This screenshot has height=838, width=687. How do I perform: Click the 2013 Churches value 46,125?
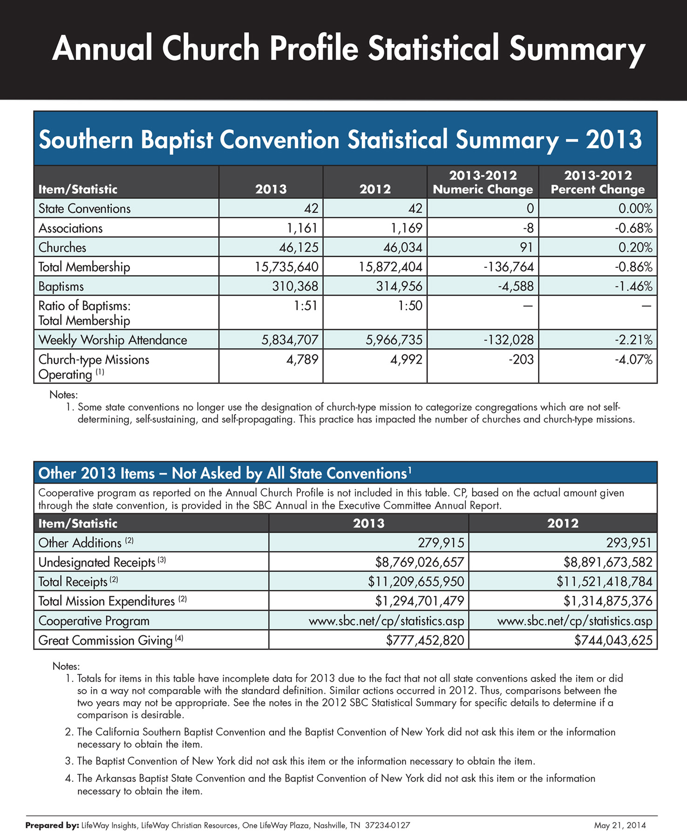click(x=299, y=247)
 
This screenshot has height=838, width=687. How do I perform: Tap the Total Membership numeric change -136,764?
click(x=509, y=267)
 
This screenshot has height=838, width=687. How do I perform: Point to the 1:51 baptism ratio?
click(x=306, y=305)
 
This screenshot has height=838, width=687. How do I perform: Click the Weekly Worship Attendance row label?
click(x=113, y=340)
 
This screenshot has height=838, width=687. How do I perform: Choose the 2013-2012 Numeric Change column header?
click(x=483, y=182)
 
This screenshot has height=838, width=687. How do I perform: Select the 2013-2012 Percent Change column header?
click(x=598, y=182)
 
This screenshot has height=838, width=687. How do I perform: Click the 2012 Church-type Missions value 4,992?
click(x=406, y=359)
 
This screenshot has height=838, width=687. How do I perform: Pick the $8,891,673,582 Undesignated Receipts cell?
click(x=608, y=562)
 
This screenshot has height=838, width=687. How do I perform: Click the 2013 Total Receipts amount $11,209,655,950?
click(x=416, y=581)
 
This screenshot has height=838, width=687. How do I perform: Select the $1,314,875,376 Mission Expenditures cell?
click(x=608, y=601)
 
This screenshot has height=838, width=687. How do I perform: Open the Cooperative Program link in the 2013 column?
click(x=387, y=621)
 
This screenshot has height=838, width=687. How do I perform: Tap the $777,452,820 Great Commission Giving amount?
click(x=425, y=640)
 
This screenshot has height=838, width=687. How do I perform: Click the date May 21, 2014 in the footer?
click(x=620, y=825)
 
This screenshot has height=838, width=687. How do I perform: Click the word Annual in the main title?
click(x=102, y=48)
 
